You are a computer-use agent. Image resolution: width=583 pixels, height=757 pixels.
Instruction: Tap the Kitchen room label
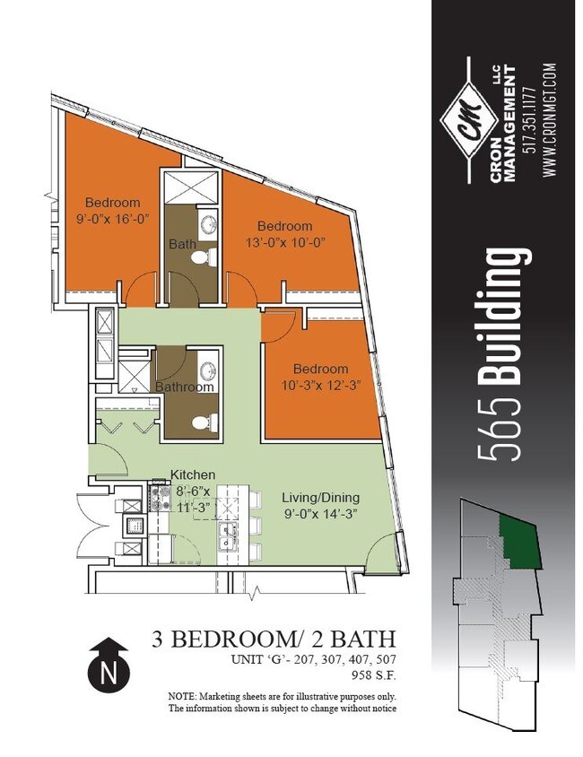click(193, 474)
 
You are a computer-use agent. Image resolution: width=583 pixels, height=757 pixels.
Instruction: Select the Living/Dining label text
click(321, 497)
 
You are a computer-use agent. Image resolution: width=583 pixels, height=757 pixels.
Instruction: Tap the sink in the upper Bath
click(207, 224)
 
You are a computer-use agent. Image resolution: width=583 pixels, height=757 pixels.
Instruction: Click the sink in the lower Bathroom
click(207, 370)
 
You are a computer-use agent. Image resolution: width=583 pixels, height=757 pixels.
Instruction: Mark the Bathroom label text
click(185, 387)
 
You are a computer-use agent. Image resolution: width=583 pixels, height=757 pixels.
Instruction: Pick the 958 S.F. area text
click(374, 674)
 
